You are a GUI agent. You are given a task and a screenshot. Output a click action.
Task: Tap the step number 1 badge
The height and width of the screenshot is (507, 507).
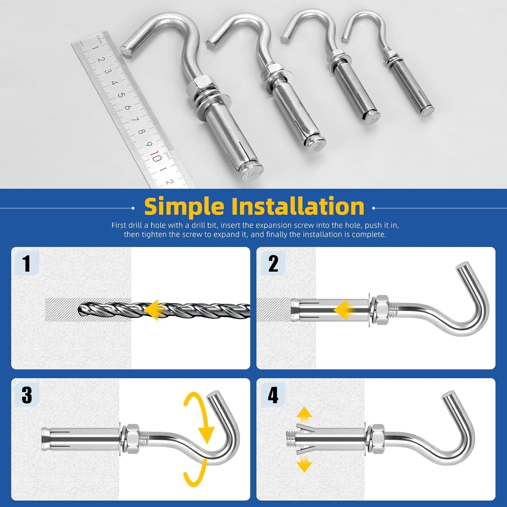click(x=27, y=264)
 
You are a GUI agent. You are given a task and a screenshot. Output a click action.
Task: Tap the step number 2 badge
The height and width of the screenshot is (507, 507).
click(x=273, y=264)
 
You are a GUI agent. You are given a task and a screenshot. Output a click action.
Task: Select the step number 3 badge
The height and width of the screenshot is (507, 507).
click(x=27, y=395)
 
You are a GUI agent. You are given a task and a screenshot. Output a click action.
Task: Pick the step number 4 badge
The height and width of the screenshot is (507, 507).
click(x=273, y=395)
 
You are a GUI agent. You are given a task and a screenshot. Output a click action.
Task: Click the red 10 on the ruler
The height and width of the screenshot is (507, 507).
click(x=155, y=156)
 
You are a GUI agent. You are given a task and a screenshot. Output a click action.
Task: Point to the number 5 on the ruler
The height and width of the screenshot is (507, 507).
click(x=121, y=95)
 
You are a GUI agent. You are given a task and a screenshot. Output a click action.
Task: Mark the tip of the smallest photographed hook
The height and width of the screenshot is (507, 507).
click(x=345, y=40)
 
